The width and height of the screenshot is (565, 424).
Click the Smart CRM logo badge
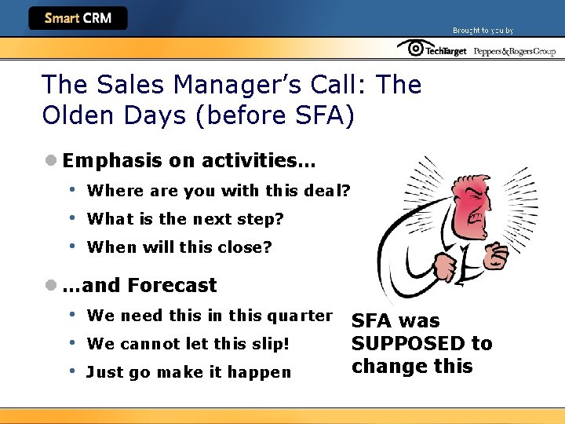pos(78,18)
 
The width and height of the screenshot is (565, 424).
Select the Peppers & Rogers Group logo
pos(513,51)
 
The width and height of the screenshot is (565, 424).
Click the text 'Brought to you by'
pos(483,31)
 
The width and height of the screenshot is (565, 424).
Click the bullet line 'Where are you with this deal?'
pos(218,191)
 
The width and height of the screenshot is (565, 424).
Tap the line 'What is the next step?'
pos(185,219)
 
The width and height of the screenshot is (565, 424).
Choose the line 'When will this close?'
pos(179,247)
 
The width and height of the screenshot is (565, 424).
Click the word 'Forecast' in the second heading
pos(172,285)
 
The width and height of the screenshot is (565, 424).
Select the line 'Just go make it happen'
pos(188,372)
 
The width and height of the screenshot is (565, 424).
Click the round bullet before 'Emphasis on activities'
pos(51,161)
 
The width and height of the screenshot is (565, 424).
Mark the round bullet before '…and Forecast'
pos(51,285)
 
